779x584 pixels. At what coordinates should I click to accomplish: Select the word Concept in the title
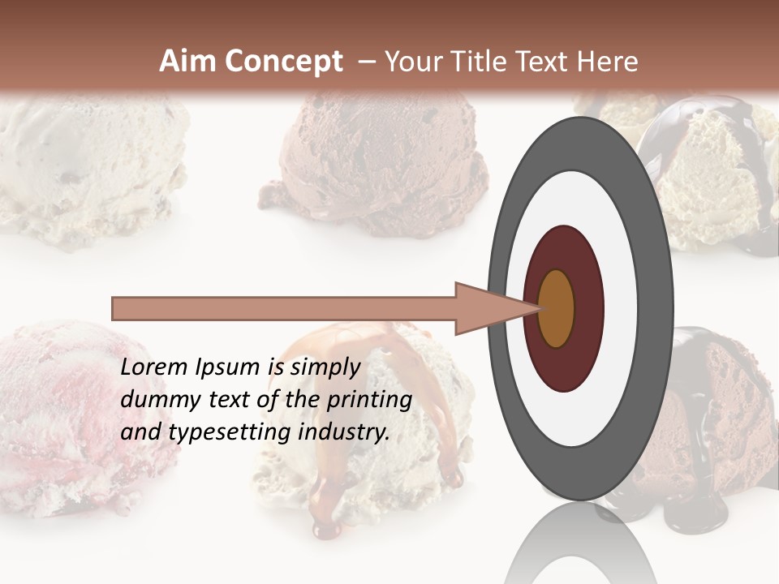click(283, 62)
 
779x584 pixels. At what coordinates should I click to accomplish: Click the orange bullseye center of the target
click(556, 308)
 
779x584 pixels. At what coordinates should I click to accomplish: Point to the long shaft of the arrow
click(284, 308)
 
